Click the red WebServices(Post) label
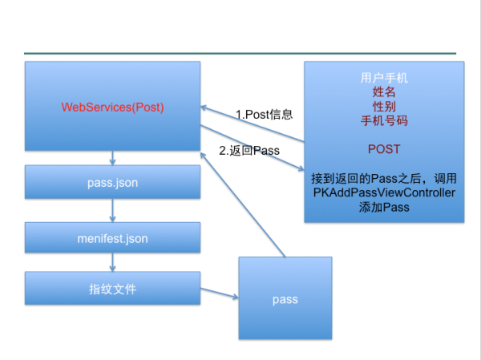click(x=112, y=107)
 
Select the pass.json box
click(x=112, y=182)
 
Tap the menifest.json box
click(x=112, y=238)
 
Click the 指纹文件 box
click(x=112, y=288)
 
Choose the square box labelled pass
click(x=285, y=298)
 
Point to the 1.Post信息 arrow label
click(x=264, y=115)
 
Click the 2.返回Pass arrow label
click(x=249, y=151)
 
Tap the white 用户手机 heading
click(x=384, y=78)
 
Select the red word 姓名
click(x=384, y=92)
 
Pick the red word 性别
click(x=384, y=107)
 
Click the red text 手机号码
click(x=384, y=120)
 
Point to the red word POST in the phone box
click(x=384, y=149)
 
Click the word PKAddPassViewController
click(x=384, y=192)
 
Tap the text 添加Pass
click(x=384, y=207)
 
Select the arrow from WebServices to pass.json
click(x=112, y=158)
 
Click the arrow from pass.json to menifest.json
click(x=112, y=211)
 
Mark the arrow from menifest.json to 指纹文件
click(x=112, y=262)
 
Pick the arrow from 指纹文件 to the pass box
click(x=220, y=293)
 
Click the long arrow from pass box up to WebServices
click(x=243, y=204)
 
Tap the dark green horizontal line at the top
click(x=240, y=54)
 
